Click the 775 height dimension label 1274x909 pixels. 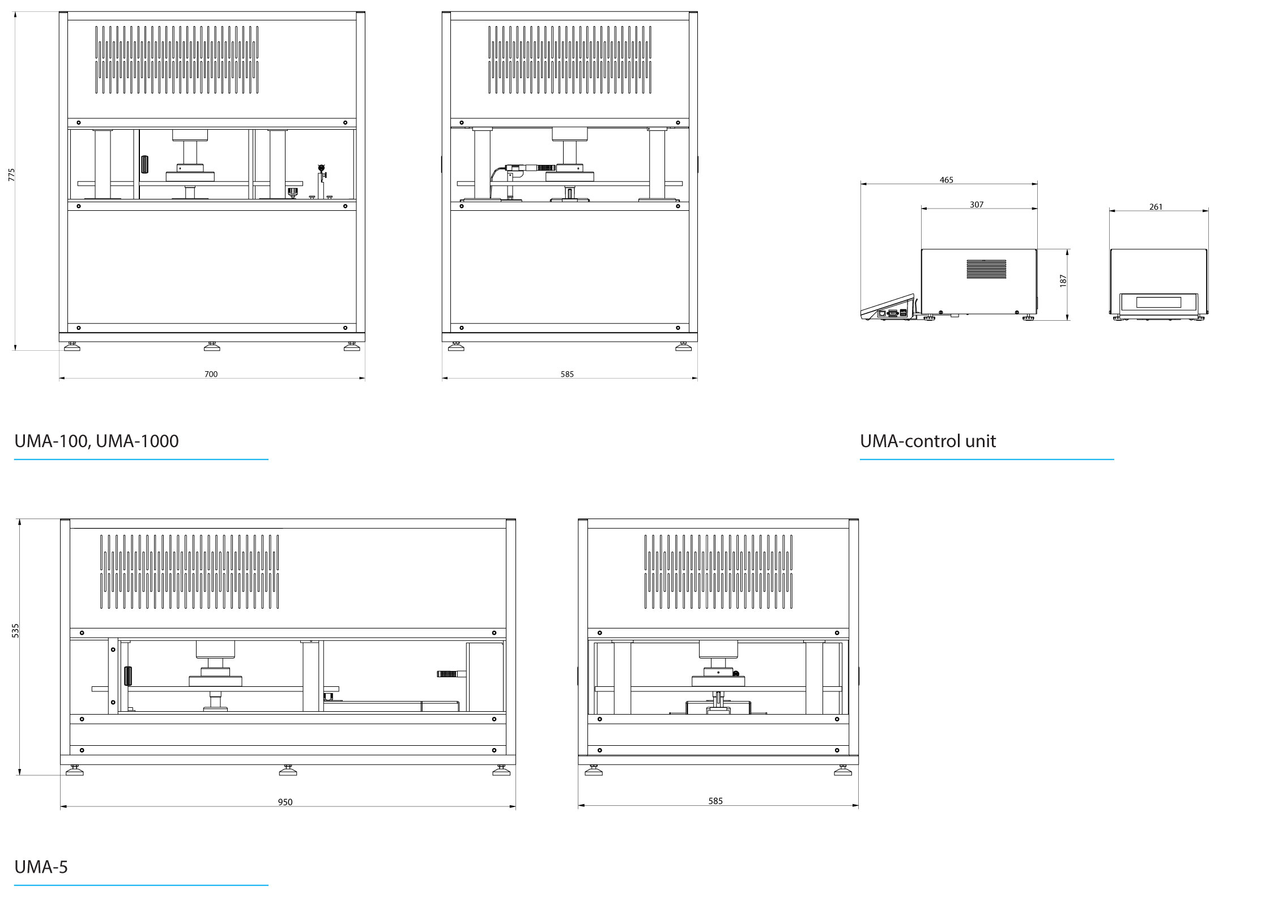11,175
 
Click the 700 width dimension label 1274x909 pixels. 211,374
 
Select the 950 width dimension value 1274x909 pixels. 285,802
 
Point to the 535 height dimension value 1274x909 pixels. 15,631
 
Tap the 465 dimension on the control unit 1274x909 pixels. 946,180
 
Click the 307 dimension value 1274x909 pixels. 977,205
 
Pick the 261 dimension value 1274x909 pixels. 1156,207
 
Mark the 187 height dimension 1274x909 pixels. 1063,281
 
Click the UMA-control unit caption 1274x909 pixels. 927,441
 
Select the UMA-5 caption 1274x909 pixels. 41,866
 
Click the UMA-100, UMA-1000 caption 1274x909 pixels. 96,441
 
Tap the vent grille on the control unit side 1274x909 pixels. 986,269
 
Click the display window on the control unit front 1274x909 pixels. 1158,303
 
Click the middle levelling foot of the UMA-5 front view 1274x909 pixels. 288,770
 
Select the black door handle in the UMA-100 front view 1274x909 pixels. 144,164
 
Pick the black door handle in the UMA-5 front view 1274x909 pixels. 128,676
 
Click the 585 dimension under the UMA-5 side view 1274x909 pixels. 715,801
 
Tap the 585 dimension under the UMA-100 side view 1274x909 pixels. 567,374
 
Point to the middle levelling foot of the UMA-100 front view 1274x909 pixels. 212,346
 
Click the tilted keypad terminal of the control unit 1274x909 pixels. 888,307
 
